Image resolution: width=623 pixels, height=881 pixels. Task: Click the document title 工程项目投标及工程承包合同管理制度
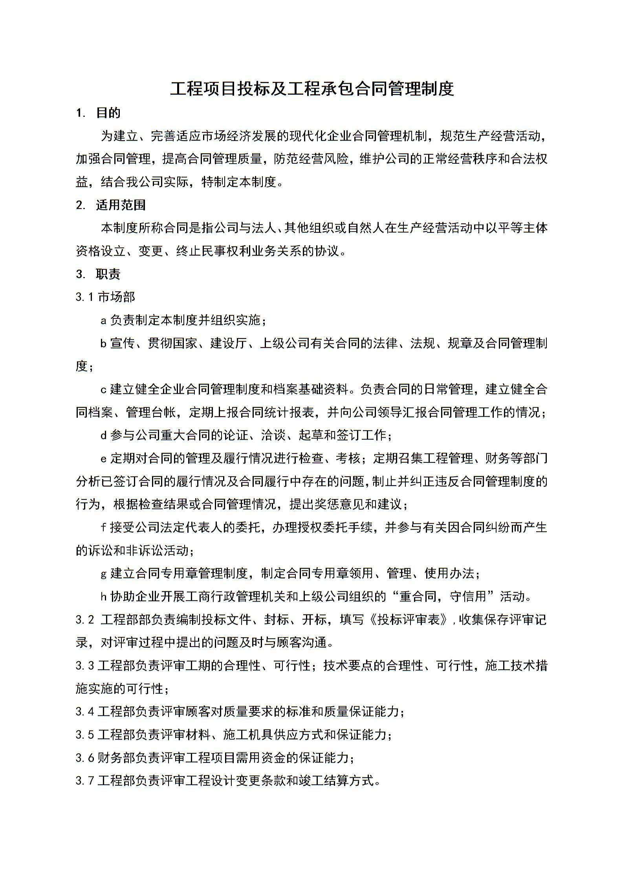click(x=311, y=89)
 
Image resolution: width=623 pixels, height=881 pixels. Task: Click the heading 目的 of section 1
click(x=108, y=113)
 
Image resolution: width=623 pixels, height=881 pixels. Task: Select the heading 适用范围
click(x=121, y=205)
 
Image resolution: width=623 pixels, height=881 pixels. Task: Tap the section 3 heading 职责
click(x=108, y=274)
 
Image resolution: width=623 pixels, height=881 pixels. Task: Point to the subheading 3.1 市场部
click(x=105, y=297)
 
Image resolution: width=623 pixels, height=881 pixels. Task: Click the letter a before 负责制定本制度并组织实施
click(x=104, y=321)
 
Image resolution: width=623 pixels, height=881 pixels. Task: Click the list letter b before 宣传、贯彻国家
click(x=104, y=344)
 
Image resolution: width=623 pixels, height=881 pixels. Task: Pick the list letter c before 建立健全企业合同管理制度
click(x=104, y=389)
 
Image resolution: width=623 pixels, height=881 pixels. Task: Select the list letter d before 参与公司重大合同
click(x=104, y=435)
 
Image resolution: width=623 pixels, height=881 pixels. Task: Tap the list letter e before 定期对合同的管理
click(x=104, y=459)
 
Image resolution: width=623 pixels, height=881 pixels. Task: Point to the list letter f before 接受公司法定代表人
click(x=104, y=527)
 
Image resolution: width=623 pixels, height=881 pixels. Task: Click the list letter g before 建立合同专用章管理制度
click(x=104, y=574)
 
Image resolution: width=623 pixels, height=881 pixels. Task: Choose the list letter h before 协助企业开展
click(x=104, y=597)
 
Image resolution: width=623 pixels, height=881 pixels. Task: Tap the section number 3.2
click(x=85, y=620)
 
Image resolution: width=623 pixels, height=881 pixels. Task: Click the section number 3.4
click(x=85, y=711)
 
